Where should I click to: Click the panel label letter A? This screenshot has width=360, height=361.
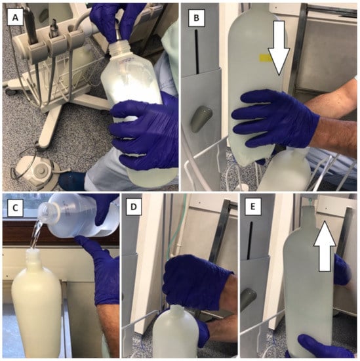tap(15, 18)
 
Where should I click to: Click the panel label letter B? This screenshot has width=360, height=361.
tap(196, 18)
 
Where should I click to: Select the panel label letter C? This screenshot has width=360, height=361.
tap(15, 208)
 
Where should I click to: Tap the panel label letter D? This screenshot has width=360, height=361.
tap(134, 207)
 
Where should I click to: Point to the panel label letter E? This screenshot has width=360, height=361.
tap(253, 207)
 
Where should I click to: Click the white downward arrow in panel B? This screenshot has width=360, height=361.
tap(279, 48)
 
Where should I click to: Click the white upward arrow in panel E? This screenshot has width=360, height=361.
tap(325, 245)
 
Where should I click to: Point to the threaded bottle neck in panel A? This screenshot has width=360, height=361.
tap(119, 49)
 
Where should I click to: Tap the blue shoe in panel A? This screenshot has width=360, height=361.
tap(71, 181)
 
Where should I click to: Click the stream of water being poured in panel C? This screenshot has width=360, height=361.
tap(35, 236)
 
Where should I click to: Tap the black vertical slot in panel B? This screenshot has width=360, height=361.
tap(197, 51)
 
